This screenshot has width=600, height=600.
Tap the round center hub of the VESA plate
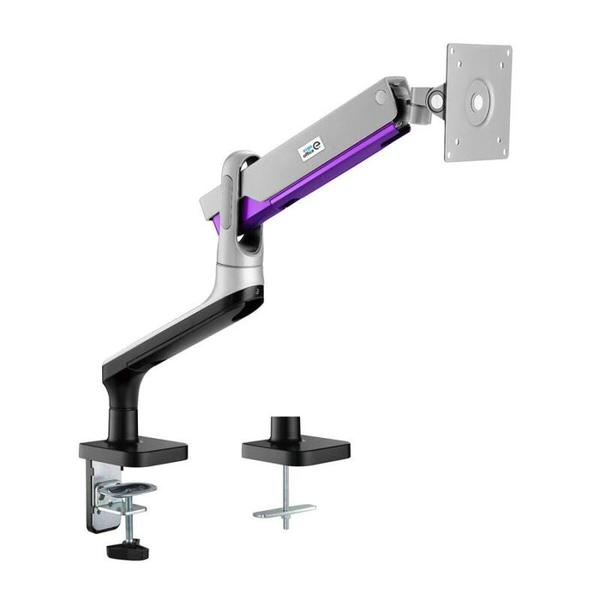tap(477, 101)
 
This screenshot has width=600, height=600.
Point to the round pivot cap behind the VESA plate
tap(435, 102)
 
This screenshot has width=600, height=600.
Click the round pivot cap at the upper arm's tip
tap(381, 98)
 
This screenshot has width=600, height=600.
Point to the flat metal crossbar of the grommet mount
tap(285, 512)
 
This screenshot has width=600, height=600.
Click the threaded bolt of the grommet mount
tap(285, 484)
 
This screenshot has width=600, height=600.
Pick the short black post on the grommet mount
tap(285, 427)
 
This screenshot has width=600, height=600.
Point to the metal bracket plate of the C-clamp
tap(93, 493)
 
